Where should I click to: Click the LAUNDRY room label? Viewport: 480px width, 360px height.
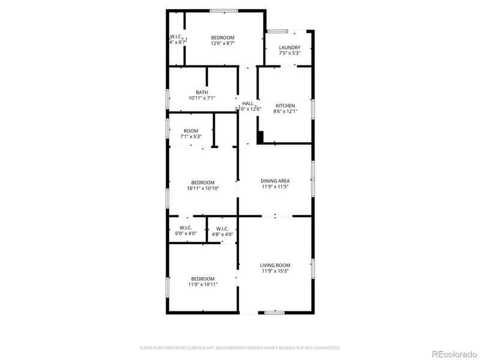click(x=289, y=47)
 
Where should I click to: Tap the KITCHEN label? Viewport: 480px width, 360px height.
click(x=285, y=106)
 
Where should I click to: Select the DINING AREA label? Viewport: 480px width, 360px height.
click(x=275, y=181)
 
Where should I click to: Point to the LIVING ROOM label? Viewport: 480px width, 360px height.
click(x=275, y=265)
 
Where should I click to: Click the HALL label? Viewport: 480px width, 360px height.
click(x=248, y=103)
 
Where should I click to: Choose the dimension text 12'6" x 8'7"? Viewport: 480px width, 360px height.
click(x=223, y=43)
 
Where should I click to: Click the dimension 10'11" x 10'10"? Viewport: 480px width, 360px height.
click(x=203, y=188)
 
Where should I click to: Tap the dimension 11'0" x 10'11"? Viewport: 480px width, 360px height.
click(x=203, y=284)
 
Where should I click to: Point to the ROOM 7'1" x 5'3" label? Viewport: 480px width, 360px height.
click(x=191, y=131)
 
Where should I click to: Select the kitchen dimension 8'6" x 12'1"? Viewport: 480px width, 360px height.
click(x=285, y=112)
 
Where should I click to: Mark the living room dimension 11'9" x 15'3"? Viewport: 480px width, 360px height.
click(x=275, y=271)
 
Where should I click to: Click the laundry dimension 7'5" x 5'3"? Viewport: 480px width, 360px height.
click(x=289, y=53)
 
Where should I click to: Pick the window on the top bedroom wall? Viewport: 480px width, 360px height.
click(x=224, y=10)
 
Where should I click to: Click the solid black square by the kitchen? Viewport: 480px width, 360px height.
click(x=260, y=138)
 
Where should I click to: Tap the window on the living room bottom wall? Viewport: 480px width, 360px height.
click(x=275, y=312)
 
